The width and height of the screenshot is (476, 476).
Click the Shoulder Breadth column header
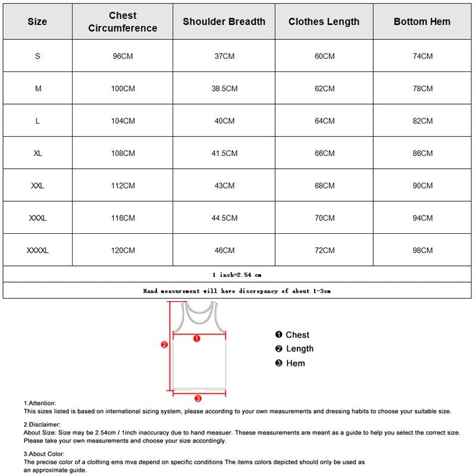point(224,21)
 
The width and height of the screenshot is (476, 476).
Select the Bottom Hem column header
point(422,21)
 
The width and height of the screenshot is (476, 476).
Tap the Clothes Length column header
point(324,21)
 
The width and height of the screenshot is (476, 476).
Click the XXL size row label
point(37,186)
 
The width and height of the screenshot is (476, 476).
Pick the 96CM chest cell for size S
point(123,56)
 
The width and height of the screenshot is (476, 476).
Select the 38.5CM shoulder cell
point(224,89)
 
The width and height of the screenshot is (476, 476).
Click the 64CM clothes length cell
point(324,121)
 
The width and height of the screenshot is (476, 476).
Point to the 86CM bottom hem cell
point(422,153)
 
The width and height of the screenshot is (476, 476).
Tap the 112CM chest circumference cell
point(123,186)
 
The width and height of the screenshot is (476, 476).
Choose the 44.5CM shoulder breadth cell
point(224,218)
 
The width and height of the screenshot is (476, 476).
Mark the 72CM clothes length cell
point(324,250)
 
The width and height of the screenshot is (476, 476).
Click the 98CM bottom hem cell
point(422,250)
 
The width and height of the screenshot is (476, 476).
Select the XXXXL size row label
point(37,250)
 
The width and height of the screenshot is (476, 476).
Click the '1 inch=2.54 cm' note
point(237,275)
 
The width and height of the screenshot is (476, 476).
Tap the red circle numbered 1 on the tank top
point(198,338)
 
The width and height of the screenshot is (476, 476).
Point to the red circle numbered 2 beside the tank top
point(164,345)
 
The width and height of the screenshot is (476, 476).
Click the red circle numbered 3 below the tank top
point(198,399)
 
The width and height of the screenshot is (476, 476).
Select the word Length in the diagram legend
point(299,349)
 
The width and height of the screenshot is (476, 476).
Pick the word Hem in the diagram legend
point(295,363)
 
